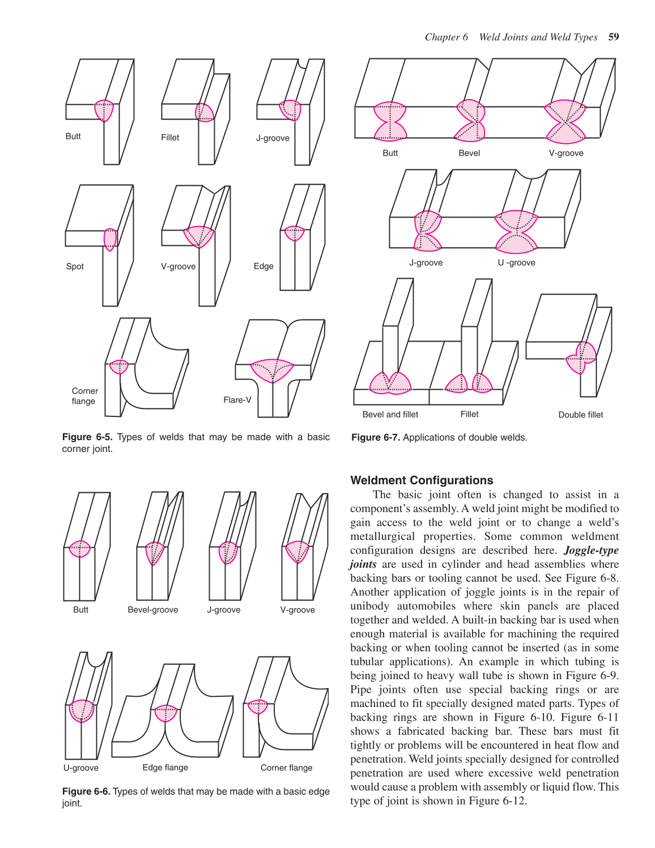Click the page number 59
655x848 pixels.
tap(613, 37)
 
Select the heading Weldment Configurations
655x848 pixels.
tap(422, 480)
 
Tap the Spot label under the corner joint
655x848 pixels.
tap(75, 266)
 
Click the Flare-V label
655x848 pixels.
tap(237, 400)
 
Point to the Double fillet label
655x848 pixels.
tap(580, 415)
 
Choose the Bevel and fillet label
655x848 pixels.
tap(390, 414)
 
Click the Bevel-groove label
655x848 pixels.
tap(152, 610)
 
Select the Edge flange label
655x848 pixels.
tap(165, 767)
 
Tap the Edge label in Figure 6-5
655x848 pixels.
tap(263, 266)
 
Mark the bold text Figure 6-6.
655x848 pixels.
tap(86, 791)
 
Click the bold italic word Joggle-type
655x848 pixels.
tap(591, 550)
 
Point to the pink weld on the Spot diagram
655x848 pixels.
tap(110, 240)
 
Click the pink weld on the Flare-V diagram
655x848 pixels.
tap(273, 370)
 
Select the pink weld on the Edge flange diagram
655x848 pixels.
tap(166, 713)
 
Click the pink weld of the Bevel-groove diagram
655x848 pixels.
tap(154, 552)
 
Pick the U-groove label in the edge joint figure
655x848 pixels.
tap(80, 768)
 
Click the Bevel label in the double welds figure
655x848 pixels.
tap(469, 153)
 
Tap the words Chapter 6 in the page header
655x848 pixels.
tap(446, 37)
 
